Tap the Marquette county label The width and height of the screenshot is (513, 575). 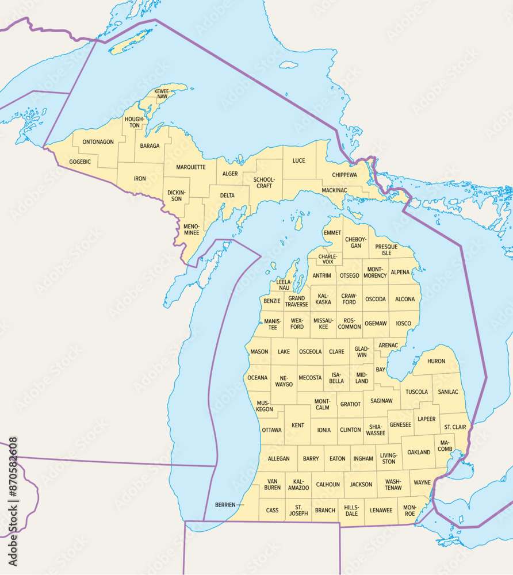(191, 167)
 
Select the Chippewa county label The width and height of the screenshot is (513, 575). (344, 175)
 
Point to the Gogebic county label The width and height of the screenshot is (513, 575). (80, 162)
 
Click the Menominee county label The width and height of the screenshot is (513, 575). (192, 230)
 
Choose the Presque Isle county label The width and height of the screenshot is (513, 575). (386, 250)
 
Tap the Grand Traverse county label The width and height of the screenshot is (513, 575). (297, 301)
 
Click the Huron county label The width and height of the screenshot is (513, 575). (437, 361)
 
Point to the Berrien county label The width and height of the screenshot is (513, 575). (225, 505)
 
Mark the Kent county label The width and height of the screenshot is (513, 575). (298, 425)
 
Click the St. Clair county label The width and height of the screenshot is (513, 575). (455, 427)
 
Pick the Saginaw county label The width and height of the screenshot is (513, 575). (381, 400)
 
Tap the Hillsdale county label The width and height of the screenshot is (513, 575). (351, 510)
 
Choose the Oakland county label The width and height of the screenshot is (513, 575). (419, 453)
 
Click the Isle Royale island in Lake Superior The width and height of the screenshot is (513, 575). (131, 41)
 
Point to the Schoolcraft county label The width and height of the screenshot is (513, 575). (264, 182)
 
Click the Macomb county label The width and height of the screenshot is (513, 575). (445, 445)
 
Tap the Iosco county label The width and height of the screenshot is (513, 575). (404, 323)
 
